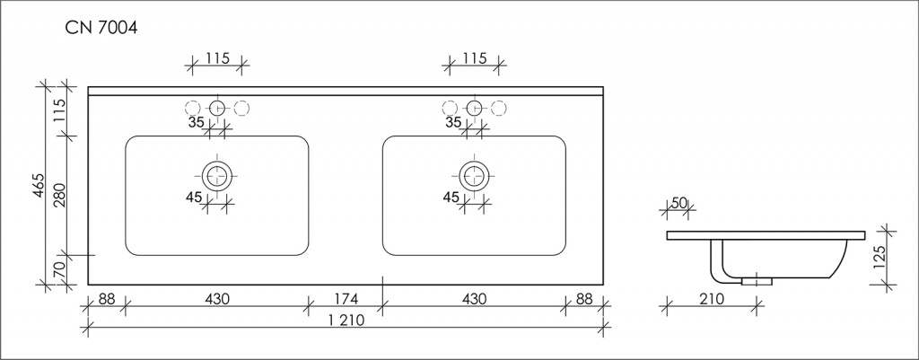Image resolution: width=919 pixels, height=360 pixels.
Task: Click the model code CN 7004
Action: click(100, 30)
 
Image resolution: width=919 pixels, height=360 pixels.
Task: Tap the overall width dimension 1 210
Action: click(345, 322)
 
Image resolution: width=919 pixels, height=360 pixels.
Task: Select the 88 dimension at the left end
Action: click(106, 298)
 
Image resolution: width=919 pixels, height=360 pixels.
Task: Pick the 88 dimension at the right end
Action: click(584, 298)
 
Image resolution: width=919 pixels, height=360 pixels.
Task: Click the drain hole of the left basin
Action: click(216, 174)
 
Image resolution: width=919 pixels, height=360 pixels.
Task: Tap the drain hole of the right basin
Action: click(473, 174)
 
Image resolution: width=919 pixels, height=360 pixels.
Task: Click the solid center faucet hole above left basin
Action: click(216, 109)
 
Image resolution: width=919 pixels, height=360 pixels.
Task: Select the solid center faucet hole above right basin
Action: click(473, 109)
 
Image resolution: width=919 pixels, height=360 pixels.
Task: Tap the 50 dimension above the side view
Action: click(679, 204)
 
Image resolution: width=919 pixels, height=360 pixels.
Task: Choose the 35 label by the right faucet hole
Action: click(453, 122)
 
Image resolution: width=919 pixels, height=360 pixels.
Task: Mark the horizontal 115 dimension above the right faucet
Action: click(473, 58)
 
